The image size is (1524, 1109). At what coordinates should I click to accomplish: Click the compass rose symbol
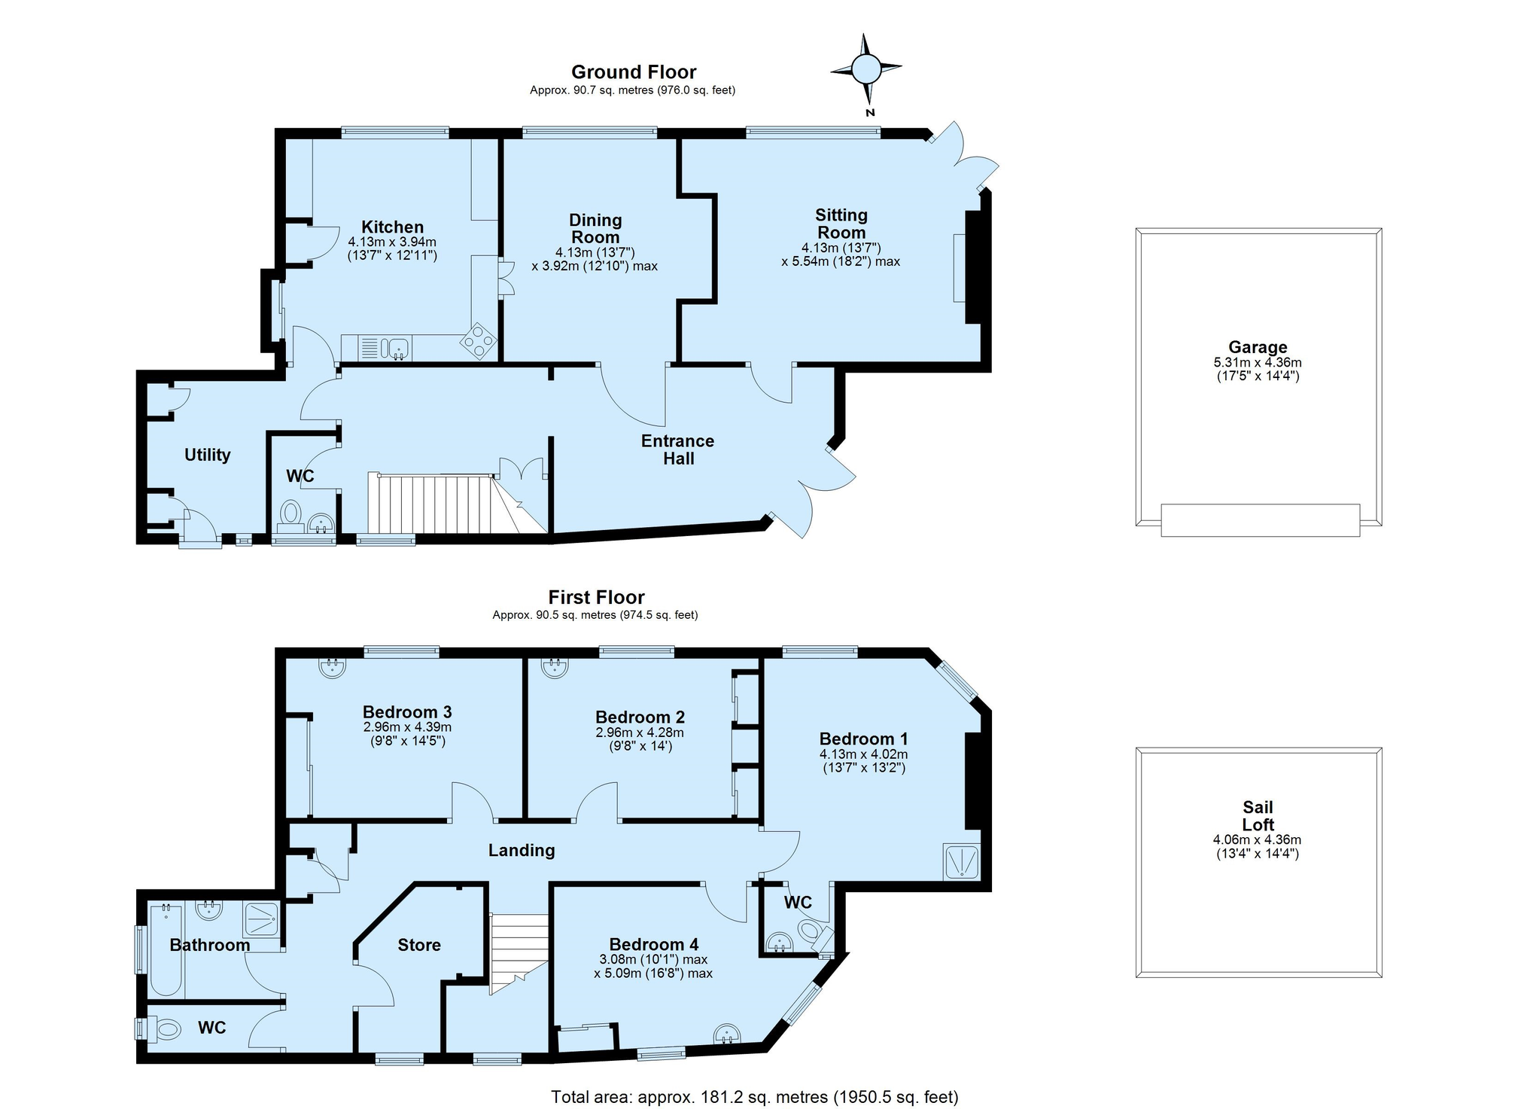866,70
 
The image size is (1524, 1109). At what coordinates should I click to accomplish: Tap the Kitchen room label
392,227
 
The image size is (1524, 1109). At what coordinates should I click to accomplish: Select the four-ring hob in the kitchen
479,341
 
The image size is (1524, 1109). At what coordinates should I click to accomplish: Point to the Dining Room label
595,228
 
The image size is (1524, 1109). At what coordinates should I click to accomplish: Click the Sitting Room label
841,224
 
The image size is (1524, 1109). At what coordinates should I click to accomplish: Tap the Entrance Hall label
677,449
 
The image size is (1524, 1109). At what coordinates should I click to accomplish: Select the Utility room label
208,455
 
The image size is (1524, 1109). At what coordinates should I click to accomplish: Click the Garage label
1258,347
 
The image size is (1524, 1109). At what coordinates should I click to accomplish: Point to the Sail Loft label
1258,816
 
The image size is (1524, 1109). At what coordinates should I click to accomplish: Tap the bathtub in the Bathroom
166,950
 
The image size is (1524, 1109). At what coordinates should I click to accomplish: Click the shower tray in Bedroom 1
962,861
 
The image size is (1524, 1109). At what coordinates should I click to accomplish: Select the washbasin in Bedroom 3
332,667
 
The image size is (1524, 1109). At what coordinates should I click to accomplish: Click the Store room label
419,945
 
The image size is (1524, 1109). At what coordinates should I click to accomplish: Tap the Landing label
522,851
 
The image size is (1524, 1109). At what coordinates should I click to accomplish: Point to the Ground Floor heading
634,72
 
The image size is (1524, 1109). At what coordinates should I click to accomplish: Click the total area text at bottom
755,1097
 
